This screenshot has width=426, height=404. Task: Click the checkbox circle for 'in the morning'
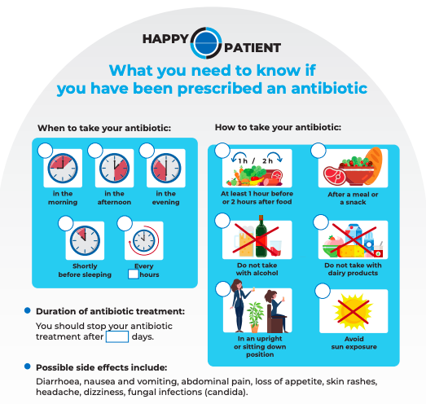[x=45, y=150]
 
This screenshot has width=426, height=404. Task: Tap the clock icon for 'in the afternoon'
[x=114, y=168]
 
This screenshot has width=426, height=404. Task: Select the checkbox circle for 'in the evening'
[x=147, y=150]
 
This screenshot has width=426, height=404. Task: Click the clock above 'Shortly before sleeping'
[x=85, y=240]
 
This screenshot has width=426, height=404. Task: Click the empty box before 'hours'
[x=133, y=274]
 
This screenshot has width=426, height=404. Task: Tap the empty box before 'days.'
[x=117, y=336]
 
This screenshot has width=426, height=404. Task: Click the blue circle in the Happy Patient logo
[x=206, y=43]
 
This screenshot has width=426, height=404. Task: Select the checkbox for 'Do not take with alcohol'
[x=222, y=221]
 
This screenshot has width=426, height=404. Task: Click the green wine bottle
[x=261, y=236]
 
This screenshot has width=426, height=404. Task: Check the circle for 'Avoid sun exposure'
[x=323, y=291]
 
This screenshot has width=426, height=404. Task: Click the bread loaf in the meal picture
[x=374, y=165]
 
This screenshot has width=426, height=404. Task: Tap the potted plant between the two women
[x=255, y=317]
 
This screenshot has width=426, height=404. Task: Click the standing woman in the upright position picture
[x=239, y=306]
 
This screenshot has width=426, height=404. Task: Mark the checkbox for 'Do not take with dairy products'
[x=321, y=222]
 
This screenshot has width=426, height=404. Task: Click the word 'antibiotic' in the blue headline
[x=329, y=88]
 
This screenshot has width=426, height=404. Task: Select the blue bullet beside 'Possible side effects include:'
[x=28, y=367]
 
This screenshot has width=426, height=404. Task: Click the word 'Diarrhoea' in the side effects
[x=59, y=381]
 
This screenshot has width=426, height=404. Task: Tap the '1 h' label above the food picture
[x=243, y=161]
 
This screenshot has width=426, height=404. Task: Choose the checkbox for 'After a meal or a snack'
[x=318, y=150]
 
